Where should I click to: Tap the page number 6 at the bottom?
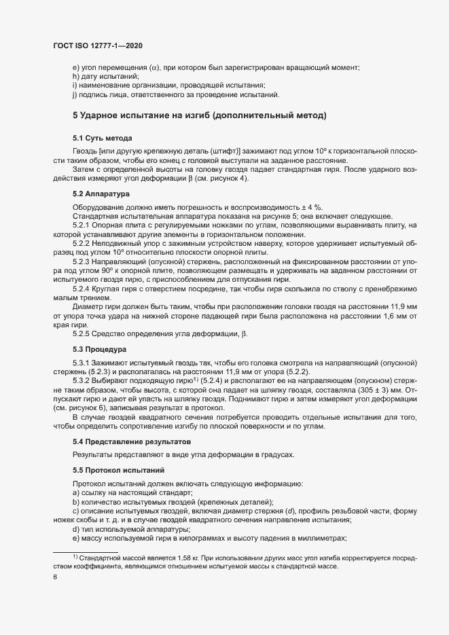(x=55, y=577)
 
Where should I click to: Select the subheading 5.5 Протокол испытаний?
(x=116, y=469)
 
